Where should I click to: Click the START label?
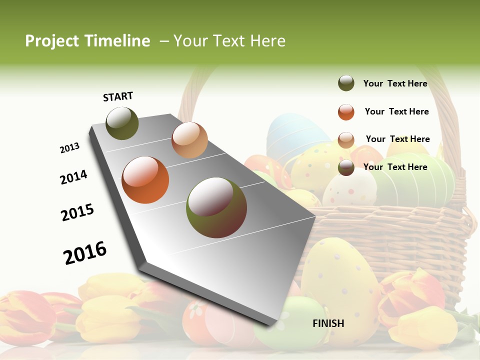(118, 96)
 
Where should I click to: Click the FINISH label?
(328, 323)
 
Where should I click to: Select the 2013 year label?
(70, 148)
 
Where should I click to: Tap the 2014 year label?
(73, 177)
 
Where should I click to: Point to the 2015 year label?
(77, 212)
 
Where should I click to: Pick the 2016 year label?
(85, 252)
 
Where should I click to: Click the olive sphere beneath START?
(122, 123)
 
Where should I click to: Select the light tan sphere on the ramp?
(189, 140)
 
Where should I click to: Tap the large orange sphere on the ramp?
(145, 180)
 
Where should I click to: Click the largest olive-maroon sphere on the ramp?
(216, 207)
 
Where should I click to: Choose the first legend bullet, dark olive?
(346, 83)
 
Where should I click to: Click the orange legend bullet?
(346, 112)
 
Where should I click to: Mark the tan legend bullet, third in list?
(346, 139)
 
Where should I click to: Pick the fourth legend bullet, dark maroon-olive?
(346, 167)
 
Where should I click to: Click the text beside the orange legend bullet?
(396, 111)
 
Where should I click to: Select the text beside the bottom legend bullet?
(395, 167)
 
